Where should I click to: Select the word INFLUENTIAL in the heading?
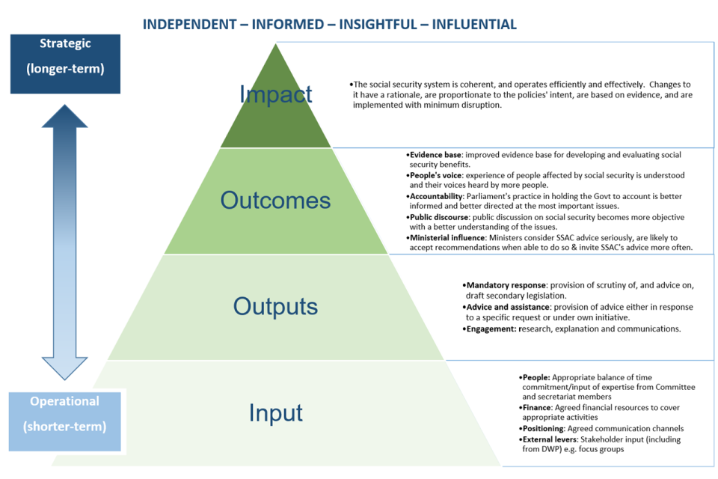click(473, 24)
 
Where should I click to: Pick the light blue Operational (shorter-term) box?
click(65, 414)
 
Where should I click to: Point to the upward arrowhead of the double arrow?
click(65, 120)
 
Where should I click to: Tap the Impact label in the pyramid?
click(276, 94)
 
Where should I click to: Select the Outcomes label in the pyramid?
click(275, 200)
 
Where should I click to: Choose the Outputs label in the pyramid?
click(275, 306)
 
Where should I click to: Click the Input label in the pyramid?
click(275, 412)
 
